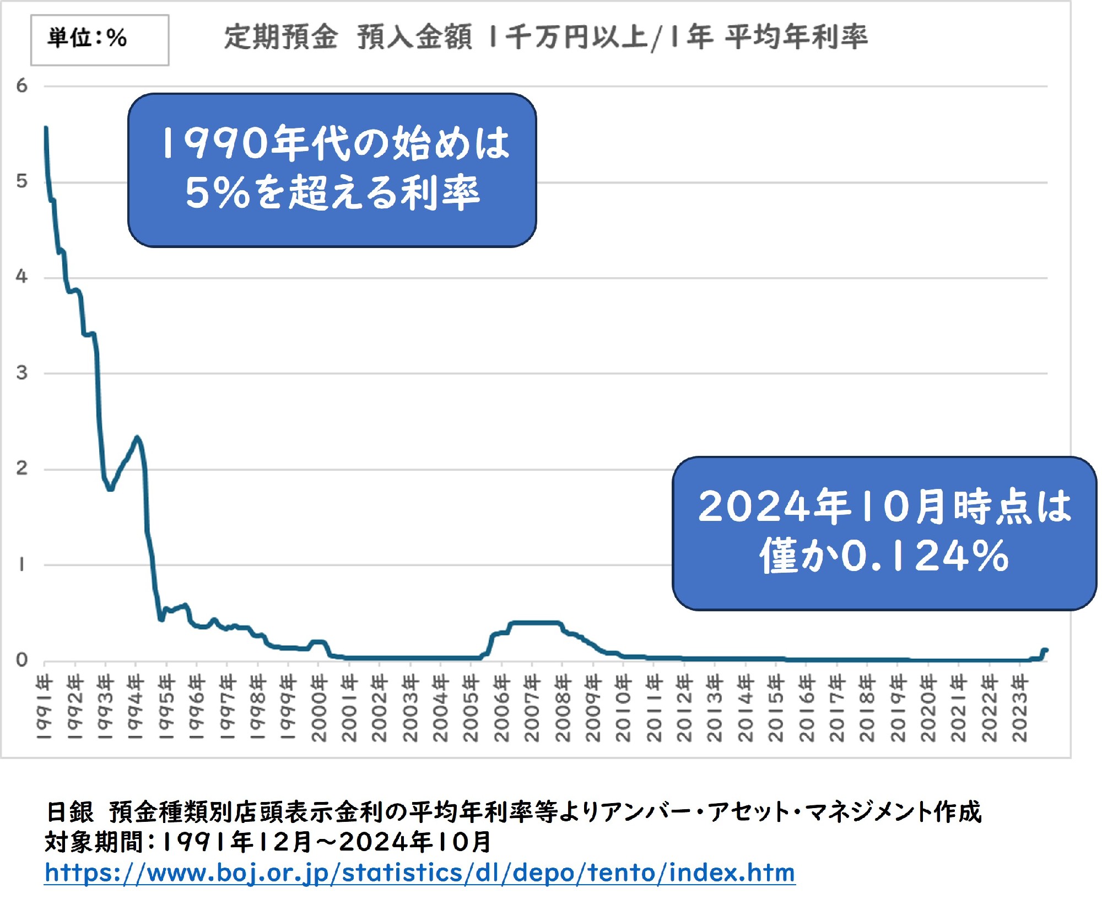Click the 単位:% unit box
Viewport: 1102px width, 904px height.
click(99, 40)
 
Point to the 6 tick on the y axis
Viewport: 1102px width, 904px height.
click(21, 86)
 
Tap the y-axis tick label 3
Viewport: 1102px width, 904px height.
click(21, 373)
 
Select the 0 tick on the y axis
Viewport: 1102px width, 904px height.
click(21, 659)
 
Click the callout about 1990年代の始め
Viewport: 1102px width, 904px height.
click(332, 170)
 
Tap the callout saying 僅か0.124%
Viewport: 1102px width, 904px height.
click(884, 532)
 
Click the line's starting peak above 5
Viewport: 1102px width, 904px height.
click(46, 128)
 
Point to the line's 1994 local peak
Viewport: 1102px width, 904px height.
click(137, 438)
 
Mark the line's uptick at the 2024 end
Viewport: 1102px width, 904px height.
click(1044, 650)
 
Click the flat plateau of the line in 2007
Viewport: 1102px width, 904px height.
click(532, 623)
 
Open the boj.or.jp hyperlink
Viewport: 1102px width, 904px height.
click(419, 873)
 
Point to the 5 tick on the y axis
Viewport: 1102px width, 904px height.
click(21, 181)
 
